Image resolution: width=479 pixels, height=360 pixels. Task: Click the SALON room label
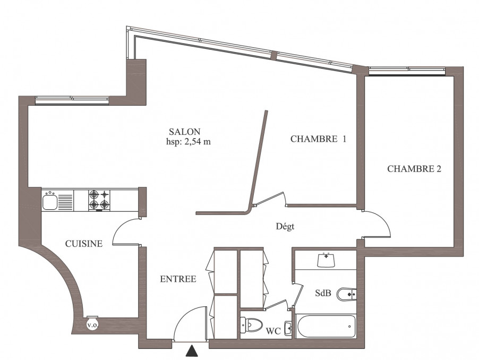(184, 132)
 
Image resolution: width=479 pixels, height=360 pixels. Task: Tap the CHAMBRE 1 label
(318, 139)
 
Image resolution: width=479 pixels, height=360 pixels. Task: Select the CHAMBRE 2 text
(414, 169)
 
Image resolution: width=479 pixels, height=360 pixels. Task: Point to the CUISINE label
(84, 243)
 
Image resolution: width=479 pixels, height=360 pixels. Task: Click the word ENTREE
(178, 279)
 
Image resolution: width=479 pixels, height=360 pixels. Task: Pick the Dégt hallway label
(285, 227)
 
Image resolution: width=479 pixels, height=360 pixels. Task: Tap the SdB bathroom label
(323, 293)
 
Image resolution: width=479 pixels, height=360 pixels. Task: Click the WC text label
(273, 331)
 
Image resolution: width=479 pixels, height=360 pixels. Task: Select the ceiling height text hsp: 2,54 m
(189, 142)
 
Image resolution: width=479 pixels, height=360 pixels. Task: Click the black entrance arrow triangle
(192, 351)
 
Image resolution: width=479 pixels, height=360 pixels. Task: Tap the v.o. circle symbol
(92, 324)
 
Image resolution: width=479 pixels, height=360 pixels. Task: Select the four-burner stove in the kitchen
(100, 200)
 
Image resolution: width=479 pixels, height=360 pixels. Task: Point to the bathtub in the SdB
(326, 326)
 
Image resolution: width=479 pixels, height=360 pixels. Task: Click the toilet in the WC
(252, 325)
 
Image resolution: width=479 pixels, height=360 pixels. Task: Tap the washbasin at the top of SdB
(327, 260)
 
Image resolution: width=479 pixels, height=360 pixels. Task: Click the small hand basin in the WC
(288, 328)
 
